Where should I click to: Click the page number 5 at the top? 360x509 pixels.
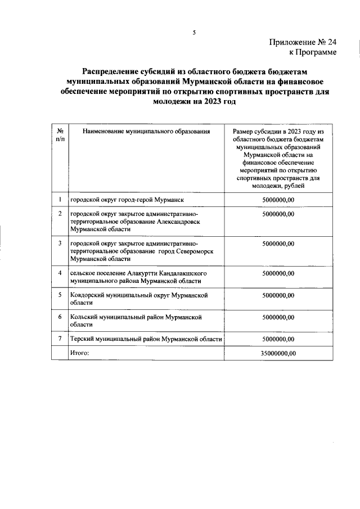(193, 33)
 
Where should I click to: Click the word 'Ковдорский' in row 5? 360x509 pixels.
(87, 295)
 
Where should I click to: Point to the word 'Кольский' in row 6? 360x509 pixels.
(84, 317)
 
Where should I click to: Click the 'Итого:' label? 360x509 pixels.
(79, 353)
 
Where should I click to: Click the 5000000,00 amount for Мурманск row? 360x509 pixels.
(278, 200)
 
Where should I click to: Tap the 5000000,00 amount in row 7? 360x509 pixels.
(278, 339)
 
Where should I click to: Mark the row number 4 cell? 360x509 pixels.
(60, 273)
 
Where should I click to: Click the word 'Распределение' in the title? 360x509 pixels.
(113, 71)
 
